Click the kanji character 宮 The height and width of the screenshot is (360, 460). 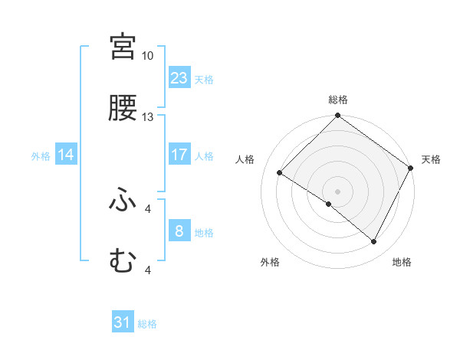click(x=123, y=47)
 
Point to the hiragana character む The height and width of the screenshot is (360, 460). click(x=123, y=261)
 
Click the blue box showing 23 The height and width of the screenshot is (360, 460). click(x=179, y=78)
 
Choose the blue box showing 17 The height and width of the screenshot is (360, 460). click(x=179, y=155)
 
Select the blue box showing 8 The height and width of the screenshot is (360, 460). click(x=179, y=231)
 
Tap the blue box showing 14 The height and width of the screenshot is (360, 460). click(x=66, y=155)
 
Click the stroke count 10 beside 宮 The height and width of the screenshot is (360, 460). click(x=147, y=56)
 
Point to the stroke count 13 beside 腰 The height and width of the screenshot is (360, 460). click(x=147, y=117)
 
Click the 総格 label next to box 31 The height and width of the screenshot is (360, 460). click(x=147, y=324)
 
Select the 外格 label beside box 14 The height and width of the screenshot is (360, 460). click(x=41, y=155)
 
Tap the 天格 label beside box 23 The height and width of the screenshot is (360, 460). click(x=204, y=79)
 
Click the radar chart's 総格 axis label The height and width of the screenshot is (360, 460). click(x=337, y=100)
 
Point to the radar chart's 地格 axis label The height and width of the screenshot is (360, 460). click(x=402, y=262)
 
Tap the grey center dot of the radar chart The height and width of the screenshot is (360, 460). click(x=337, y=191)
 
